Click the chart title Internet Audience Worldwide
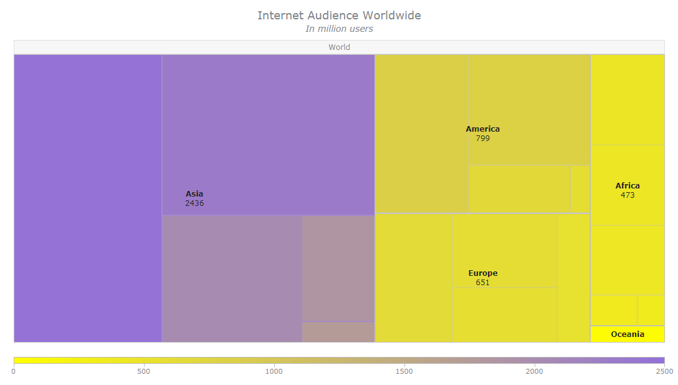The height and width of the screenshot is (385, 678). click(339, 16)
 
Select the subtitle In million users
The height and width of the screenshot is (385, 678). click(339, 29)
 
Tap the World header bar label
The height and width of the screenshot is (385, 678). click(339, 47)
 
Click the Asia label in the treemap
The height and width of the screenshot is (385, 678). click(194, 194)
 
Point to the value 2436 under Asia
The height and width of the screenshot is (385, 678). click(194, 203)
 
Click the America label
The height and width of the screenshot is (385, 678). click(483, 129)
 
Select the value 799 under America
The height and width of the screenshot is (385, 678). click(483, 139)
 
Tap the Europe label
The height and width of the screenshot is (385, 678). click(483, 273)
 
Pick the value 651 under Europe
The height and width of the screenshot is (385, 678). click(483, 283)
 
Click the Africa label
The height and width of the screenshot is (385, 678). click(628, 186)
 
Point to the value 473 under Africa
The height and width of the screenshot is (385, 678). click(628, 195)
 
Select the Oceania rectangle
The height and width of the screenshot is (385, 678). click(628, 334)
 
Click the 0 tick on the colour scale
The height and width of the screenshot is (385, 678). click(14, 371)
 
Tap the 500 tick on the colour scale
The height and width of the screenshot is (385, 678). click(144, 371)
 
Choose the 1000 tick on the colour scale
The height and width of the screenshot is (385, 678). click(274, 371)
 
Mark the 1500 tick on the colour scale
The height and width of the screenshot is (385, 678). click(404, 371)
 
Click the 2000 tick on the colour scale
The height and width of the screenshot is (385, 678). click(534, 371)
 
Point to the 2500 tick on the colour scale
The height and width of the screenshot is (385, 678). click(664, 371)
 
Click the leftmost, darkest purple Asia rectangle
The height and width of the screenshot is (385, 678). click(88, 198)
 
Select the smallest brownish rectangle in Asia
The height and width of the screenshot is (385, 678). click(338, 332)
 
